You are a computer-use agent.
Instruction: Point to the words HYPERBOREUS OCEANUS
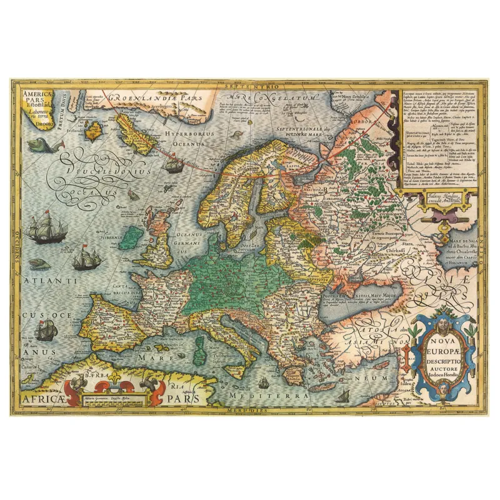click(188, 139)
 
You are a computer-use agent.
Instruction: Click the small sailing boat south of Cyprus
click(342, 395)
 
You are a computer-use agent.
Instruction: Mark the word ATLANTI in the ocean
click(50, 282)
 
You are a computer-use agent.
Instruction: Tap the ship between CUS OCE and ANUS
click(45, 329)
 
